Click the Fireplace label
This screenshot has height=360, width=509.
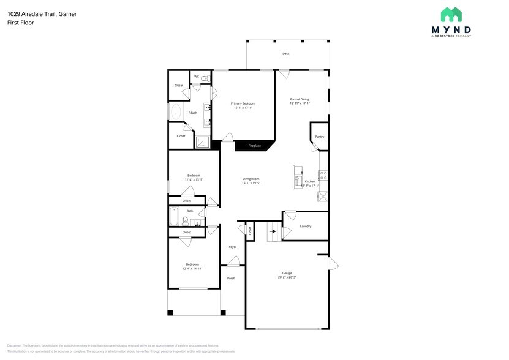tap(254, 146)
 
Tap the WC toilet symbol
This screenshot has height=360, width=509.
tap(205, 78)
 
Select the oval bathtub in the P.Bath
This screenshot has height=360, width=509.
tap(176, 112)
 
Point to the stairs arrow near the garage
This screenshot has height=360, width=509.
tap(272, 231)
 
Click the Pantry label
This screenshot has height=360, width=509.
tap(319, 137)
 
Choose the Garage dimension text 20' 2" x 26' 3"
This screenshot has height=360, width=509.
tap(287, 277)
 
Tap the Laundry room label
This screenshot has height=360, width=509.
tap(305, 226)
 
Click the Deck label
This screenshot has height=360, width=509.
tap(285, 54)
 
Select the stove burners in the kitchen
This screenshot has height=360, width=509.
tap(323, 175)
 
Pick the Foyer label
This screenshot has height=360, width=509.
tap(233, 247)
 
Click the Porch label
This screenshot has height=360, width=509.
tap(231, 278)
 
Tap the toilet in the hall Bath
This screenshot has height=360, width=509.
tap(185, 220)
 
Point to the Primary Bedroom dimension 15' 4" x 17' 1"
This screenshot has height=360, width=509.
tap(243, 108)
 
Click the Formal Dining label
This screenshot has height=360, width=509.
tap(300, 99)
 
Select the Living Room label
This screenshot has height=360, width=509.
tap(251, 179)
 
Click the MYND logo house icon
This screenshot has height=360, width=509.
tap(451, 15)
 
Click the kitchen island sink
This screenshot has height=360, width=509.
tap(298, 181)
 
